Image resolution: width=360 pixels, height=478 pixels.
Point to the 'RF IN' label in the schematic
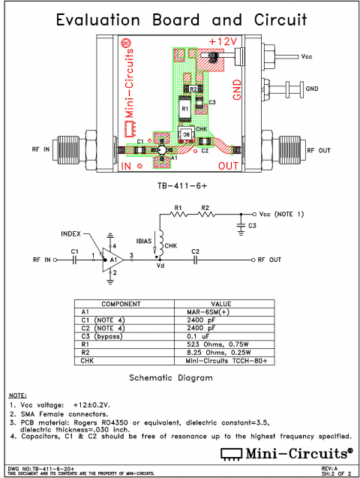click(x=46, y=260)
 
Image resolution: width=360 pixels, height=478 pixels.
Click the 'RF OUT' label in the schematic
click(x=270, y=260)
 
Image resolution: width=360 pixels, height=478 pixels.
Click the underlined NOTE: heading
click(x=17, y=395)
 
